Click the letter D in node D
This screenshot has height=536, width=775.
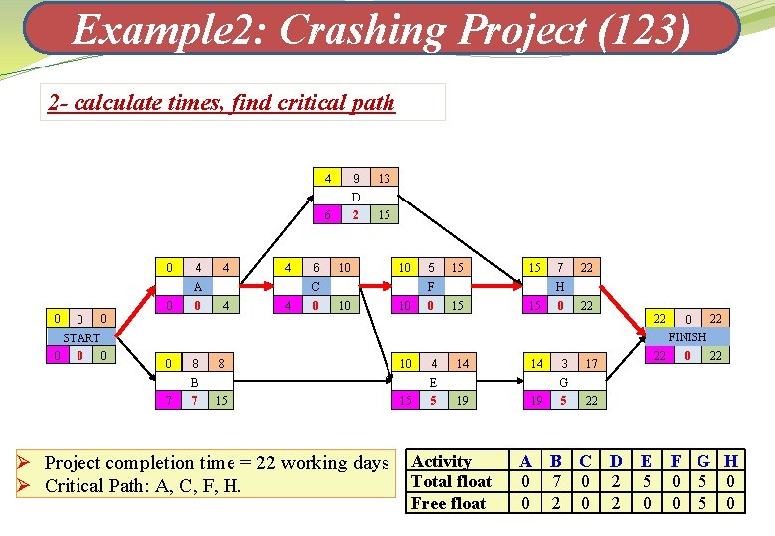[x=355, y=197]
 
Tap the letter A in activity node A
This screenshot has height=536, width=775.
[x=198, y=286]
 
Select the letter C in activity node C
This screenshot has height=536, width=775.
[x=315, y=286]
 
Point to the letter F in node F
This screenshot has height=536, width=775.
[x=431, y=286]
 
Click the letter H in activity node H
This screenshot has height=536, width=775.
[x=560, y=286]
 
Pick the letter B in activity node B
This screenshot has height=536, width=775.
[x=194, y=382]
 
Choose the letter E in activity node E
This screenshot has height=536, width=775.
[x=433, y=382]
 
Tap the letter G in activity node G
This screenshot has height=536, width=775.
[x=563, y=382]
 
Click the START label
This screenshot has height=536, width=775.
[x=81, y=337]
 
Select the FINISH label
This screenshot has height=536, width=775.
[x=688, y=336]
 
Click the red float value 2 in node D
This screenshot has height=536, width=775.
[x=355, y=214]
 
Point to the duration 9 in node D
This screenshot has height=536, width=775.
[x=355, y=179]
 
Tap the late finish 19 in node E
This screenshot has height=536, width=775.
[x=461, y=400]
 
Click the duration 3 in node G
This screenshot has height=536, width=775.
[x=563, y=364]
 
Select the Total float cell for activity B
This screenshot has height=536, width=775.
[x=556, y=482]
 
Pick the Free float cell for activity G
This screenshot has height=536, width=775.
[x=704, y=503]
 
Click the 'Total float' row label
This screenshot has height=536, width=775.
[x=452, y=482]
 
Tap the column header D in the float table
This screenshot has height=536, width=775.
[x=616, y=461]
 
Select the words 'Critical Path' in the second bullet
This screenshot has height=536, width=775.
[x=99, y=486]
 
